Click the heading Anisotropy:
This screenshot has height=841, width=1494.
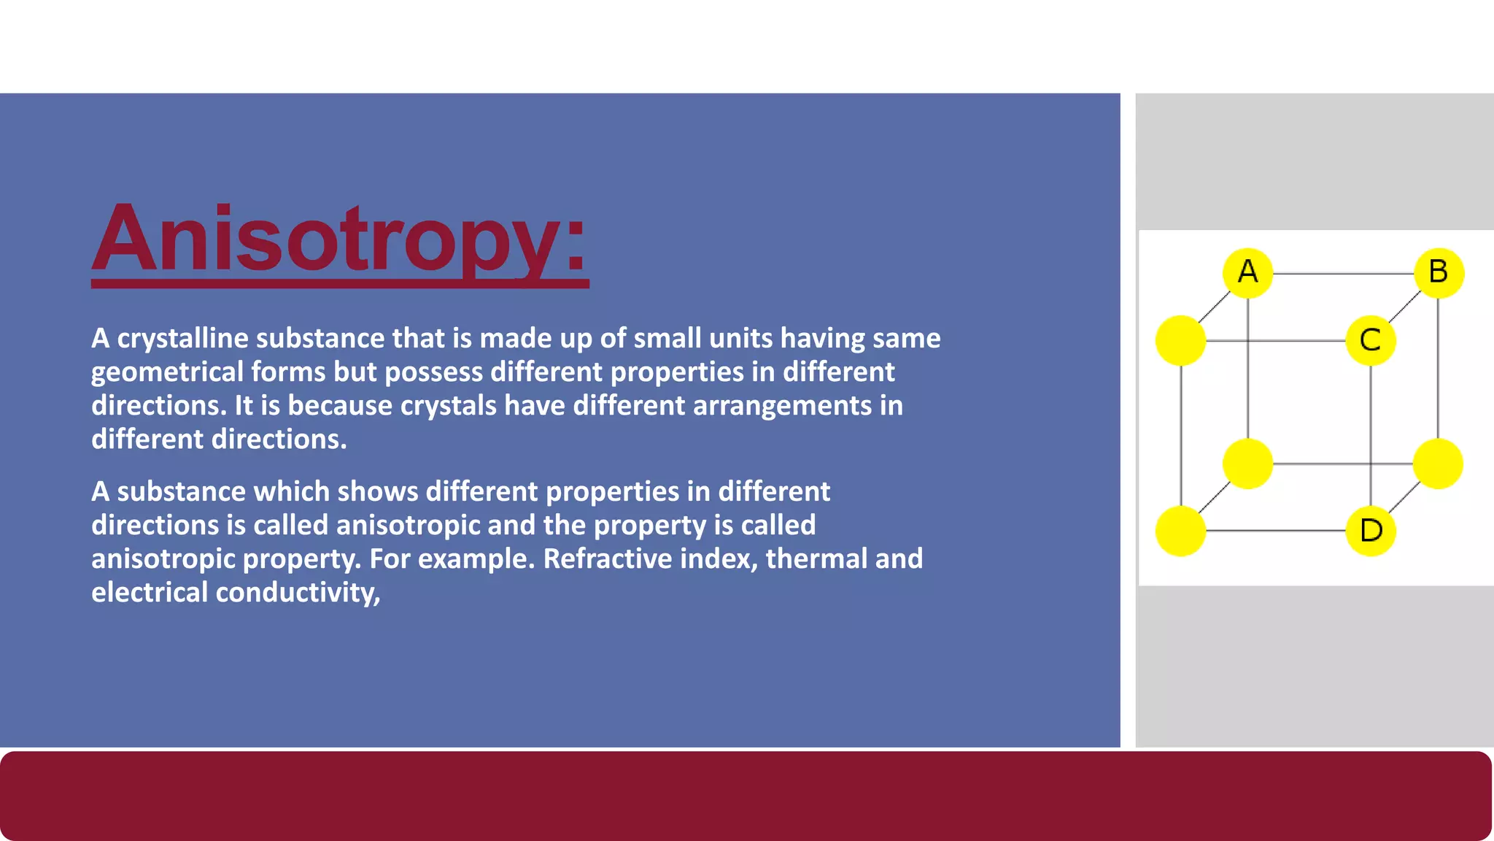coord(339,239)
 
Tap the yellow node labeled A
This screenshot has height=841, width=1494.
coord(1247,273)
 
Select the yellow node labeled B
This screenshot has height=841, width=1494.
coord(1439,273)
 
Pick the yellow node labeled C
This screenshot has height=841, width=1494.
coord(1371,340)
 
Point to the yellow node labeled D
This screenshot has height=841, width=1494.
coord(1371,531)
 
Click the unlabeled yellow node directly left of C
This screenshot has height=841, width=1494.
coord(1180,340)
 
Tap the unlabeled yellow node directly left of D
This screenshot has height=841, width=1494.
coord(1180,531)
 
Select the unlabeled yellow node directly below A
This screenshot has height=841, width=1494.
coord(1247,464)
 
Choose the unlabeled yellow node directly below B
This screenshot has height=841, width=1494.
coord(1438,464)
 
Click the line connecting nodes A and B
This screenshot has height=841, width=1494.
coord(1342,274)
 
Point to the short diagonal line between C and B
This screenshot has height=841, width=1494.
coord(1405,307)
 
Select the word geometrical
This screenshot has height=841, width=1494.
coord(167,372)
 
